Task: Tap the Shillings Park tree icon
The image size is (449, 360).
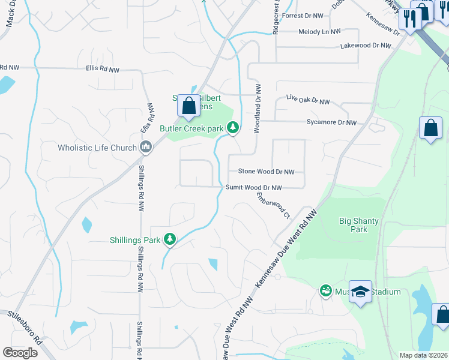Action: click(170, 240)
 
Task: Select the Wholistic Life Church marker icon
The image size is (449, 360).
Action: click(146, 148)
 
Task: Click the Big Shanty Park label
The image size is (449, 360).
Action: click(359, 225)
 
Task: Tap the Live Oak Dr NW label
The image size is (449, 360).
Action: click(308, 100)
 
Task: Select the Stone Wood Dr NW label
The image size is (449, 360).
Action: click(267, 172)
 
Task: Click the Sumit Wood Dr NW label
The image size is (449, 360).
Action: click(253, 188)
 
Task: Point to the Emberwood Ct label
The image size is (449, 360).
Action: click(273, 205)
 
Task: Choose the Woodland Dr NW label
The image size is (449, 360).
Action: click(257, 109)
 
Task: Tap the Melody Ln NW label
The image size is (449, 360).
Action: click(319, 31)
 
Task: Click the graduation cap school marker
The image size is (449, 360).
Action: click(360, 292)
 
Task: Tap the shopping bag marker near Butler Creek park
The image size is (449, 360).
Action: click(188, 106)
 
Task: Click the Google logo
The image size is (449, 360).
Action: click(20, 353)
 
